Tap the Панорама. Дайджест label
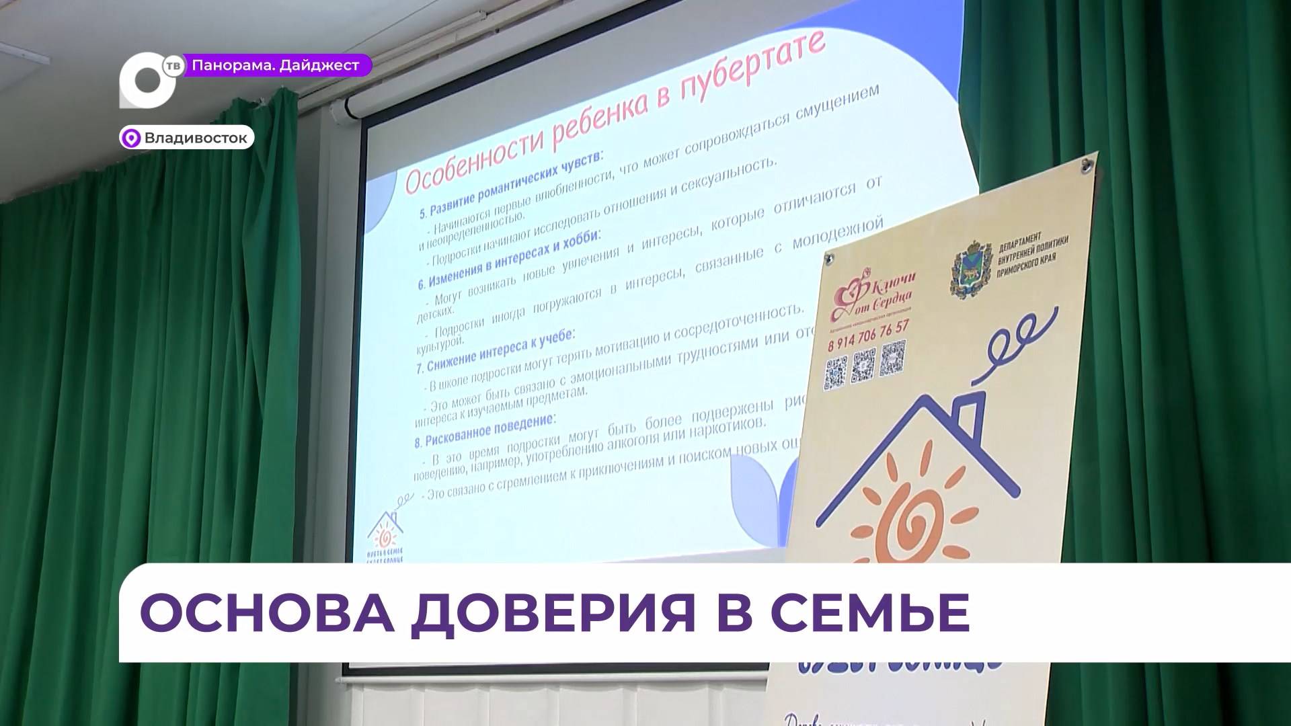pos(276,65)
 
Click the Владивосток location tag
pos(188,138)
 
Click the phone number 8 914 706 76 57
pos(868,331)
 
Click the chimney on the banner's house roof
pos(969,417)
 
